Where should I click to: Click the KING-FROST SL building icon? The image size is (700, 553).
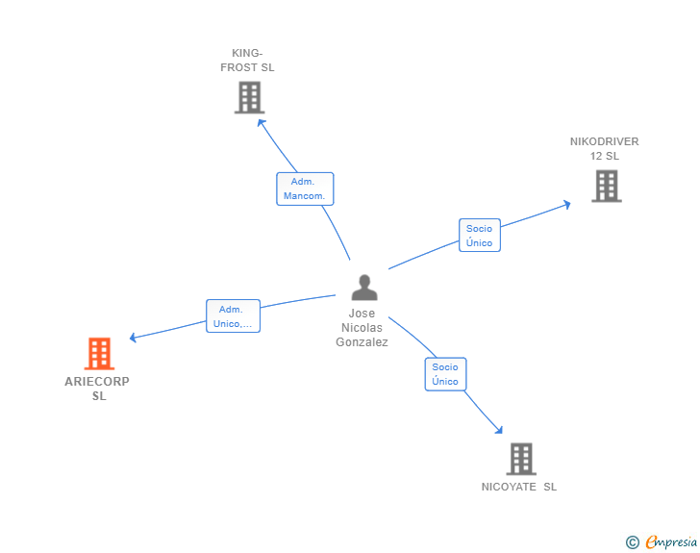click(x=249, y=97)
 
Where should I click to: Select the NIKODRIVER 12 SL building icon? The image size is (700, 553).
click(x=606, y=186)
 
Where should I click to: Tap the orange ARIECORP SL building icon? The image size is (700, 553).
click(x=99, y=354)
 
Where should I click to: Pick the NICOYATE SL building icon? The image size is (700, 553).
click(x=520, y=459)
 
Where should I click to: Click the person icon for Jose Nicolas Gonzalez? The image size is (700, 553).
click(x=363, y=288)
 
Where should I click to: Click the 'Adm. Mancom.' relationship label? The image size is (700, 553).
click(x=305, y=189)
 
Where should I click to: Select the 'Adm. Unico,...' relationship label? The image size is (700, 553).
click(x=234, y=316)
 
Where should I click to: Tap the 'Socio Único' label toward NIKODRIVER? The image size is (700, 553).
click(x=479, y=236)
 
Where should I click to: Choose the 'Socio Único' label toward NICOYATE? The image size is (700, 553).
click(x=445, y=374)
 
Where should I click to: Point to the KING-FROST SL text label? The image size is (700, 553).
click(x=247, y=61)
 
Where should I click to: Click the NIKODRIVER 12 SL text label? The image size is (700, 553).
click(x=604, y=148)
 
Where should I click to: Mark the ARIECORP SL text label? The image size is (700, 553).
click(x=98, y=389)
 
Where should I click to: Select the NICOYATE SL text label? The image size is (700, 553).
click(x=519, y=487)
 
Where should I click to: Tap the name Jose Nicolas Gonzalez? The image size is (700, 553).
click(x=362, y=328)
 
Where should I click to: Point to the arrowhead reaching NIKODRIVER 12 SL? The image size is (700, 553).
click(x=567, y=203)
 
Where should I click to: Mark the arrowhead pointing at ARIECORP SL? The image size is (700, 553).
click(x=134, y=338)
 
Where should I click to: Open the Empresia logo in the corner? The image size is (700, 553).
click(x=671, y=542)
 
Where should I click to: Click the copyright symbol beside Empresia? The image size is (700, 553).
click(x=632, y=542)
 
